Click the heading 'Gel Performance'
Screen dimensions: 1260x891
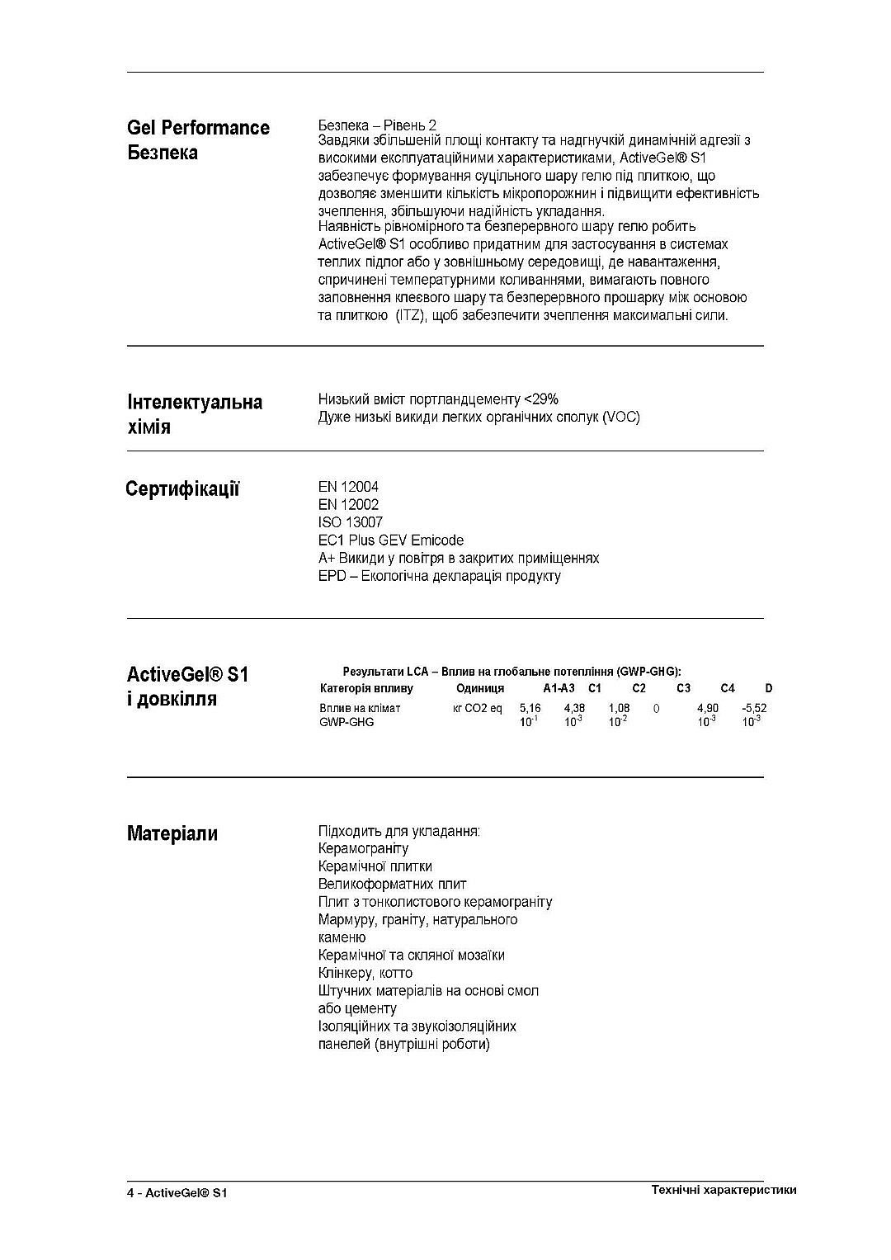(x=198, y=128)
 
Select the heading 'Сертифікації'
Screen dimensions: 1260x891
(x=182, y=489)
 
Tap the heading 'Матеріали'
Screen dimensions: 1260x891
(x=172, y=833)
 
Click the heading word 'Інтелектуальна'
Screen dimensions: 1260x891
(x=195, y=402)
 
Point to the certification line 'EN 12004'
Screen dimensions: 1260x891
(x=348, y=487)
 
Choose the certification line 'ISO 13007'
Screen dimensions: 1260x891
(x=350, y=522)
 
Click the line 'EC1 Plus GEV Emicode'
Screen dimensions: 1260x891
(x=391, y=540)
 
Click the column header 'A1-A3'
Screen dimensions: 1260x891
(x=559, y=688)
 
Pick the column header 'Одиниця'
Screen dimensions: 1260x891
(x=479, y=688)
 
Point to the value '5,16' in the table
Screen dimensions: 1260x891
(x=530, y=708)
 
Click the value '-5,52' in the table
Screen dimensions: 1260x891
(x=754, y=708)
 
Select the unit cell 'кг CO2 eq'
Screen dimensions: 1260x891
(x=477, y=708)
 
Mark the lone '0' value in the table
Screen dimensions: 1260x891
(x=656, y=708)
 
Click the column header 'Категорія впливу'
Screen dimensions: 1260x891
(x=365, y=688)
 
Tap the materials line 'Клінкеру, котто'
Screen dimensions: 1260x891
(x=365, y=973)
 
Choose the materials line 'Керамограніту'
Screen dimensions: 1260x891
(x=363, y=848)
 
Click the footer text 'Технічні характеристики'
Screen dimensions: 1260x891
(x=724, y=1190)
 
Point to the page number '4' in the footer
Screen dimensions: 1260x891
(x=130, y=1193)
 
